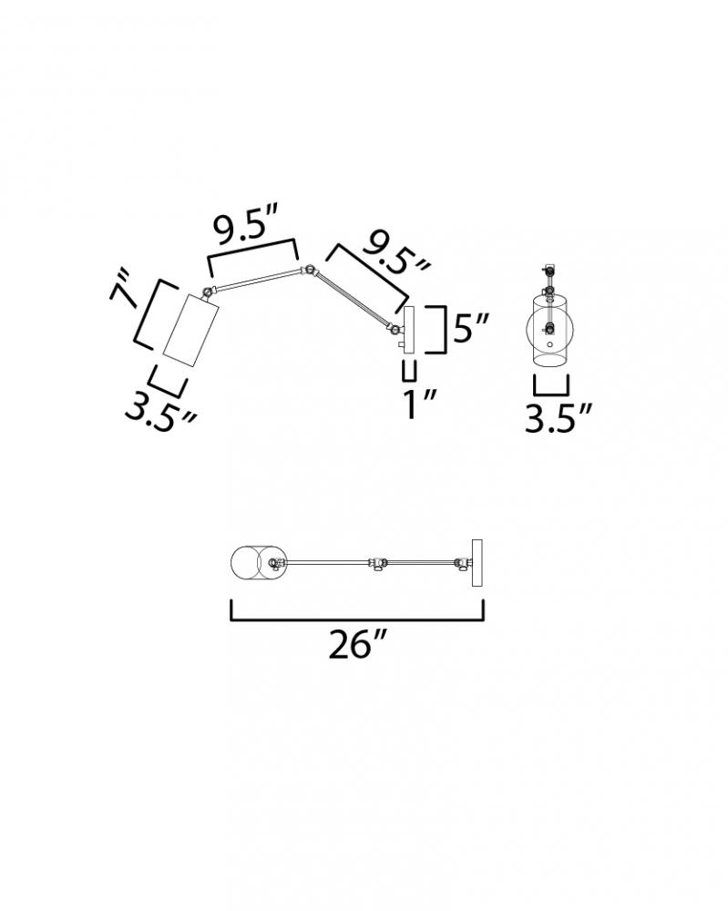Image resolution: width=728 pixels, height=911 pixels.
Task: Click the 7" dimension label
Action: pos(123,287)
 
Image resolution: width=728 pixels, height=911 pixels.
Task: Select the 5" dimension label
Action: pos(471,328)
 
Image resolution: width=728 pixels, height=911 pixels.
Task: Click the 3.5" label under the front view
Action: pos(558,418)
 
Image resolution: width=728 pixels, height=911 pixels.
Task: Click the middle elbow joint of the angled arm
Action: pos(311,271)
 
